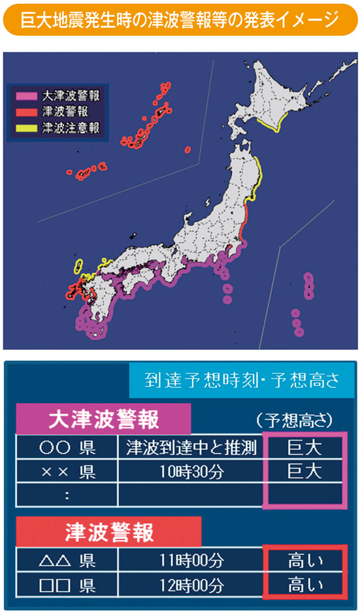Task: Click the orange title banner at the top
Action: click(x=180, y=20)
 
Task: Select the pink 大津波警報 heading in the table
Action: click(x=104, y=419)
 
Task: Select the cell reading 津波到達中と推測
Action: click(x=190, y=448)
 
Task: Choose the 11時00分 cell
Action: click(x=190, y=560)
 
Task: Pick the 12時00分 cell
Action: click(x=190, y=583)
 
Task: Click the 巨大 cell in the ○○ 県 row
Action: click(x=304, y=448)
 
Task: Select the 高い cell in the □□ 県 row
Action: click(x=304, y=583)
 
